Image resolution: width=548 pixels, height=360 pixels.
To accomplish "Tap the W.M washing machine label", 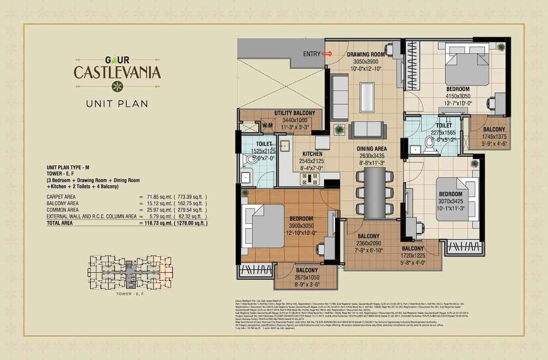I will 268,125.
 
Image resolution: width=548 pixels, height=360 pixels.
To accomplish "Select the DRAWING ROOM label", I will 366,54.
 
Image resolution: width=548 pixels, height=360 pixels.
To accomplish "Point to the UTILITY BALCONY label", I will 295,113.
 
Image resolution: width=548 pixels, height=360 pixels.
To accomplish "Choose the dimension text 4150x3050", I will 458,96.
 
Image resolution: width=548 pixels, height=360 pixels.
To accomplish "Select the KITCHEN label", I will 312,154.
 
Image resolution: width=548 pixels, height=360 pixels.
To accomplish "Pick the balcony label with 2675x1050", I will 306,270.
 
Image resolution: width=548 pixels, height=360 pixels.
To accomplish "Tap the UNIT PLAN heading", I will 117,103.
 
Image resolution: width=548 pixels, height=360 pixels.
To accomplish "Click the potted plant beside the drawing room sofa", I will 340,129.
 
